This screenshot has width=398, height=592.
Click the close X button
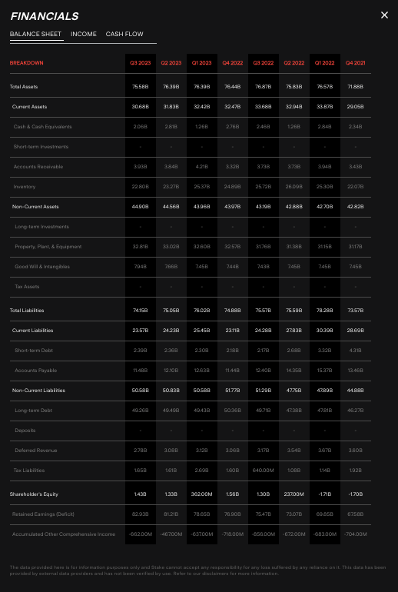tap(384, 15)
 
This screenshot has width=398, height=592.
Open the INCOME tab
tap(84, 34)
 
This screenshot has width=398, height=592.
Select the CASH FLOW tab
tap(124, 34)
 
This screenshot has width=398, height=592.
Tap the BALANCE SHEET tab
tap(35, 34)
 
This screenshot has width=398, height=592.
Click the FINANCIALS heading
tap(44, 15)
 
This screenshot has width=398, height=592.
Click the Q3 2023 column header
tap(140, 63)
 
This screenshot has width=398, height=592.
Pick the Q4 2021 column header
tap(355, 63)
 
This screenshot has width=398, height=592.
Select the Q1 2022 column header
tap(324, 63)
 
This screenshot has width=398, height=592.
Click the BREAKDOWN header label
tap(26, 63)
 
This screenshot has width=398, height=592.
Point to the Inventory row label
tap(25, 187)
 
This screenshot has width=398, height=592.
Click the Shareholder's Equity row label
tap(34, 494)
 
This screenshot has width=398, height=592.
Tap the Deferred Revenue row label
tap(36, 451)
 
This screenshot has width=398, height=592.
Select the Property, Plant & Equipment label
tap(48, 247)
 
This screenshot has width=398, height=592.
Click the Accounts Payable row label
tap(35, 371)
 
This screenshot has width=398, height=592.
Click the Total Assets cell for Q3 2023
tap(140, 87)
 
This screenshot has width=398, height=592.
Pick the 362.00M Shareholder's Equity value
tap(201, 494)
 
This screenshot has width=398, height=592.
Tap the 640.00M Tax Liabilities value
tap(263, 471)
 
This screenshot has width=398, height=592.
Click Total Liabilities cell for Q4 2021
tap(355, 311)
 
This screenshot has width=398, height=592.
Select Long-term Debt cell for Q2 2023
tap(171, 411)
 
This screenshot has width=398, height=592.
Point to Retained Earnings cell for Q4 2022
tap(232, 514)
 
